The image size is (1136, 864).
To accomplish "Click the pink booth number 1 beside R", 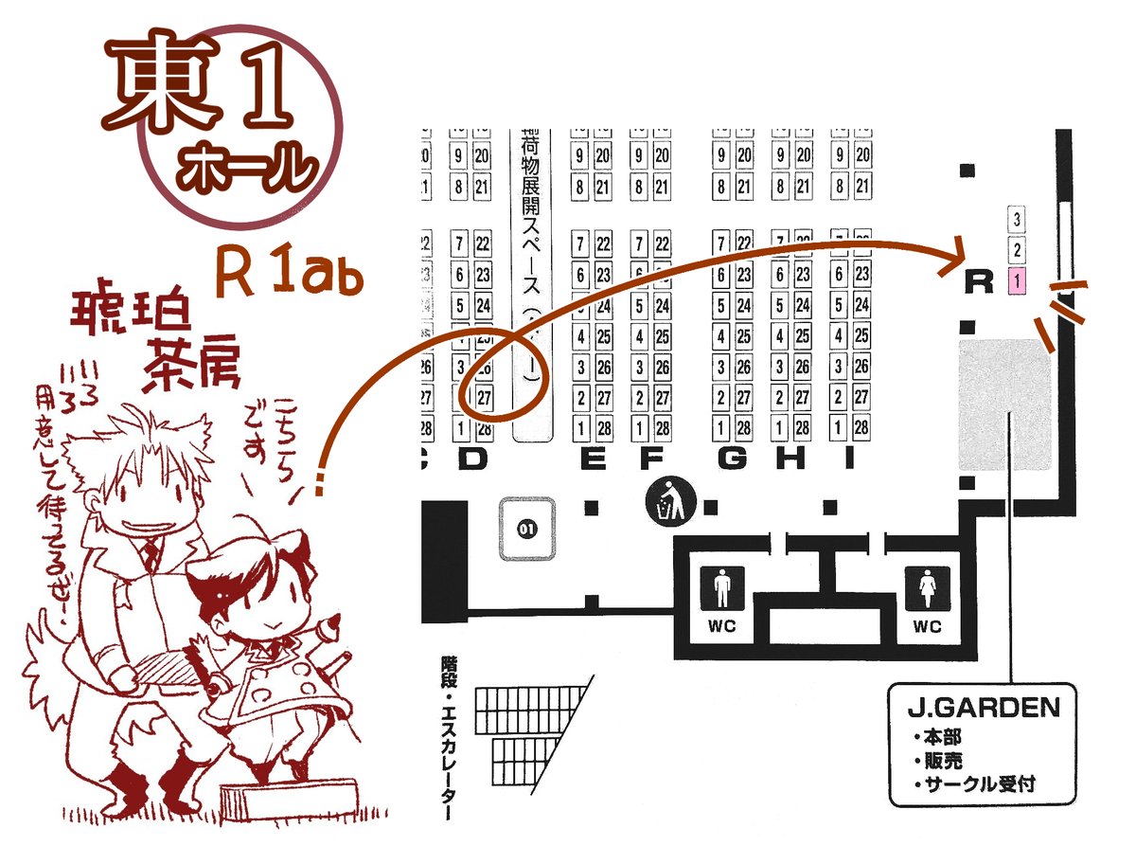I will [1017, 280].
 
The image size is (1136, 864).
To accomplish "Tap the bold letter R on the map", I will [979, 281].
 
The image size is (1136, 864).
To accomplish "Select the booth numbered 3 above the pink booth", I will [1017, 220].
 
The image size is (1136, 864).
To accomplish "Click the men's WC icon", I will [722, 590].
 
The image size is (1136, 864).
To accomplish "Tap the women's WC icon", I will [927, 590].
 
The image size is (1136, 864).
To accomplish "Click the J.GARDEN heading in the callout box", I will [984, 708].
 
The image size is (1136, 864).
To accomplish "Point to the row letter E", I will [593, 459].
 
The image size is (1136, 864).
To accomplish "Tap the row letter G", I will [731, 459].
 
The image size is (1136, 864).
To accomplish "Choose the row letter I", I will [849, 459].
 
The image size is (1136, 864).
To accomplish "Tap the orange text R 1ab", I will [285, 272].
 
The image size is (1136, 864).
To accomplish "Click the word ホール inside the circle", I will [244, 170].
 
